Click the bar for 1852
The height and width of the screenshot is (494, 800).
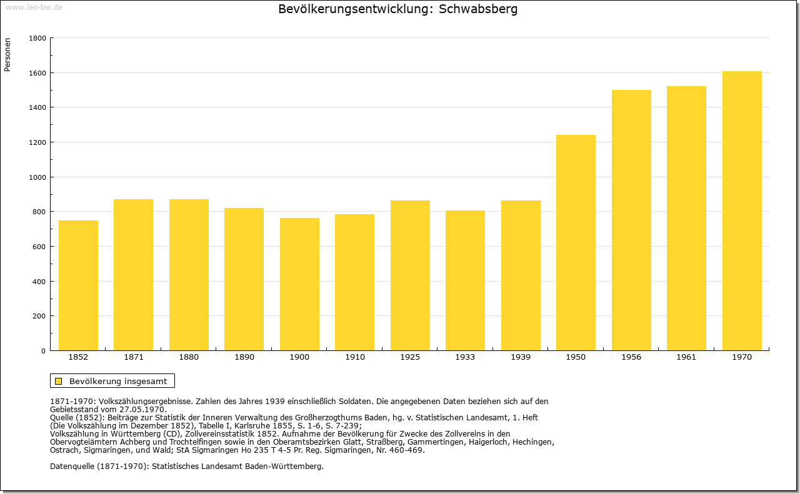[78, 285]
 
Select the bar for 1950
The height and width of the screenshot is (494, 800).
[576, 243]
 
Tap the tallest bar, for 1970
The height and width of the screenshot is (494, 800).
[742, 211]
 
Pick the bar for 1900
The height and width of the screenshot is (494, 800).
[299, 284]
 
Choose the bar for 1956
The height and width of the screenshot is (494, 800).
[631, 220]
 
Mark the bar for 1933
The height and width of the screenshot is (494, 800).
[465, 280]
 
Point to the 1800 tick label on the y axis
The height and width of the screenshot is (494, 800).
[37, 38]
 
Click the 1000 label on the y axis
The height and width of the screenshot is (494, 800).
[37, 177]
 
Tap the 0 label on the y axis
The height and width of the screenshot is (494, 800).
[43, 351]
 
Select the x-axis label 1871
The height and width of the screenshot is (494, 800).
[134, 357]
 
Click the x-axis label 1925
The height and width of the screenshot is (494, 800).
[410, 357]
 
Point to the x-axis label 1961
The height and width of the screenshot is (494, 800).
[686, 357]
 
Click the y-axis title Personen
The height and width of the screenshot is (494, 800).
[7, 54]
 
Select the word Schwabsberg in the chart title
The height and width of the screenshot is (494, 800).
[478, 9]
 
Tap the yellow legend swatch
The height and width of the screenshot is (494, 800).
[59, 381]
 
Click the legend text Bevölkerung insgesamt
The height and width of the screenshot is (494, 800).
[118, 381]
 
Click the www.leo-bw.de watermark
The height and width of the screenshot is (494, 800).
[34, 7]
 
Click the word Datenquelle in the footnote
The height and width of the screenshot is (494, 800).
[72, 466]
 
